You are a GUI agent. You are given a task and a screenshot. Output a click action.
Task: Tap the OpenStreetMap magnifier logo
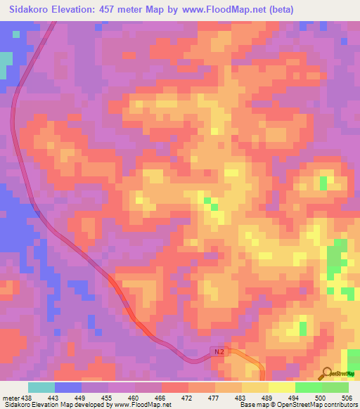[x=327, y=373]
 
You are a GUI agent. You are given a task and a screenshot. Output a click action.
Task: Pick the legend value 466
[x=161, y=398]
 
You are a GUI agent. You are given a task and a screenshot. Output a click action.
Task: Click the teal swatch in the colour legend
[x=41, y=387]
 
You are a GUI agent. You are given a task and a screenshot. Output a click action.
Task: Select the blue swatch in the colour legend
[x=68, y=387]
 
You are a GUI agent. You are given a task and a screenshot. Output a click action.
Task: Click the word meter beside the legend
[x=11, y=398]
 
